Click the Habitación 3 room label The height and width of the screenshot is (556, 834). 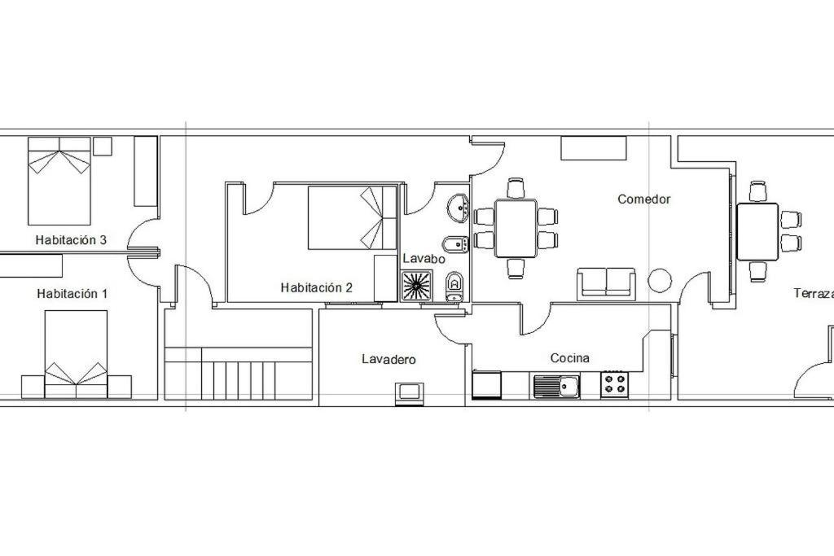[71, 239]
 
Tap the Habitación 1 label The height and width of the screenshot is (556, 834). [72, 293]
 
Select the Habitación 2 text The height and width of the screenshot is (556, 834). [317, 287]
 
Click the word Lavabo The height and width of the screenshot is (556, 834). [424, 259]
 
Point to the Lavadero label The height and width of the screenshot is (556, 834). [388, 359]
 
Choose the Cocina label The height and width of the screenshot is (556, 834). [569, 358]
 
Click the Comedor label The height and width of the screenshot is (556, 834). [643, 199]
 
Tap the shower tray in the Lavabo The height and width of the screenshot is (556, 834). [416, 286]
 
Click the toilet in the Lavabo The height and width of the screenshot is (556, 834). [454, 287]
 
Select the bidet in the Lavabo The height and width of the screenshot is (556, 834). [455, 244]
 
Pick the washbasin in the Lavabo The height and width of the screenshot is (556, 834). [458, 208]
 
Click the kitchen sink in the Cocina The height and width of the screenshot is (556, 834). [555, 386]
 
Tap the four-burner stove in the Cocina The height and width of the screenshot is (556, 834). [614, 384]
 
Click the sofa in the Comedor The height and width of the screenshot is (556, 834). [606, 283]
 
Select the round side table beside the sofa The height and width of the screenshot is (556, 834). [660, 280]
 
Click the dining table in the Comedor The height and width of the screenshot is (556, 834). [516, 228]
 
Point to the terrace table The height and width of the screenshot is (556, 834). [757, 231]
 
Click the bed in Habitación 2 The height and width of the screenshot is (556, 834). [352, 217]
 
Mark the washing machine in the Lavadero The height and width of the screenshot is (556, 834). [409, 394]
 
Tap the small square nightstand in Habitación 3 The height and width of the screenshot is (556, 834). [103, 147]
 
